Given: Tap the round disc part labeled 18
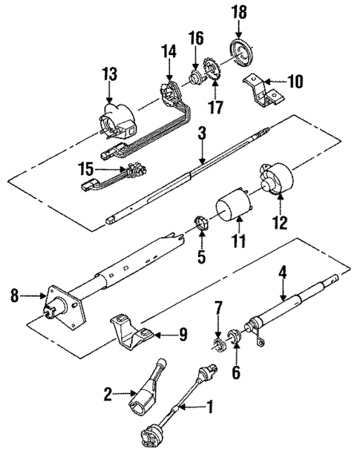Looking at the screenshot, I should [243, 54].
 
